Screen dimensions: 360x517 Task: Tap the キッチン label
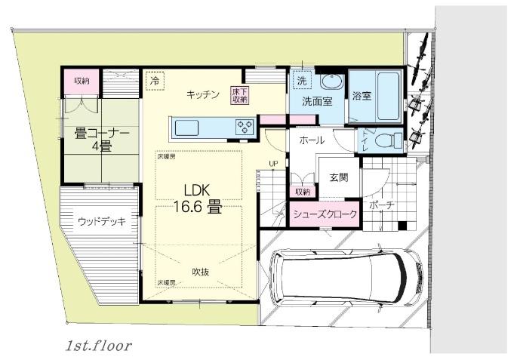[203, 94]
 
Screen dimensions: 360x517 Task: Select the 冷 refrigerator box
[155, 80]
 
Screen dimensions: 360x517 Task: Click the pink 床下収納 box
[240, 95]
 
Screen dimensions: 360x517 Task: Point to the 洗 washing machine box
[301, 80]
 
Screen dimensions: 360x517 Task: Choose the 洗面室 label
[318, 100]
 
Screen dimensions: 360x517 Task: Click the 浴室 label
[362, 96]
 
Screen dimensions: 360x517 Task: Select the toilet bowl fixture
[389, 140]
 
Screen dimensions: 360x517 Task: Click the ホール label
[312, 140]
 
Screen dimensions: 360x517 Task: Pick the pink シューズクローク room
[325, 214]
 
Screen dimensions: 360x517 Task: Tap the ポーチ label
[380, 205]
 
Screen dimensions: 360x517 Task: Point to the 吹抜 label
[200, 272]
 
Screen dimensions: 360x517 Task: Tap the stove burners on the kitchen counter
[245, 127]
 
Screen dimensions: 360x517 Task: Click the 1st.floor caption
[98, 346]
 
